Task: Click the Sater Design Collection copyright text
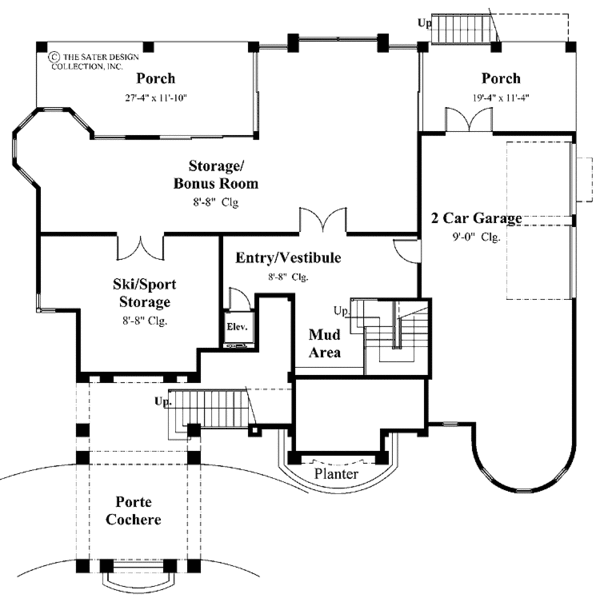95,60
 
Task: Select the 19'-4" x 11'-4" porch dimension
501,97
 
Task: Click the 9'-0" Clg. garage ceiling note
475,237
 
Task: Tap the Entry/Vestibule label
288,258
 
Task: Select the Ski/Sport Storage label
140,293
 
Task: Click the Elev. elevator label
238,327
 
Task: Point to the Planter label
335,473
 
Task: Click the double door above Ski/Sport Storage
149,244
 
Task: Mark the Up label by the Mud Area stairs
341,310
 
